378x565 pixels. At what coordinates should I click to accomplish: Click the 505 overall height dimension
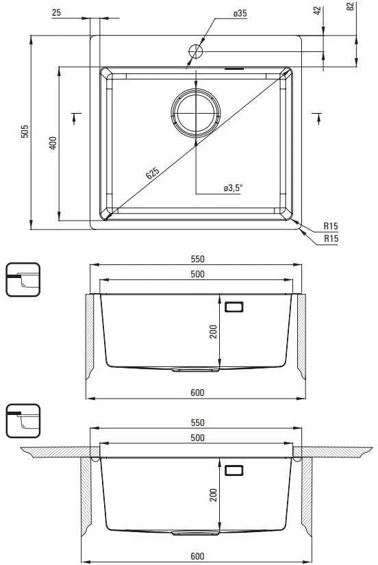pyautogui.click(x=25, y=131)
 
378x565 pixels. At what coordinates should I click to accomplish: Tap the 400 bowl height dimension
pyautogui.click(x=53, y=143)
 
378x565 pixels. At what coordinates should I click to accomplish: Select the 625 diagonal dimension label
pyautogui.click(x=153, y=173)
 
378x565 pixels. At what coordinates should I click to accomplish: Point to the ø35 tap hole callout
pyautogui.click(x=240, y=13)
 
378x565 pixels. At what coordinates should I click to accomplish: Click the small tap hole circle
pyautogui.click(x=196, y=51)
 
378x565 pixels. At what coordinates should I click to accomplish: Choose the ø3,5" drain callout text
pyautogui.click(x=233, y=188)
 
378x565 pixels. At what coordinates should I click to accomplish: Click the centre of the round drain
pyautogui.click(x=196, y=113)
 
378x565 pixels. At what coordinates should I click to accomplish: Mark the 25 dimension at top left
pyautogui.click(x=57, y=12)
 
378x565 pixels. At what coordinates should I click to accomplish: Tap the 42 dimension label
pyautogui.click(x=318, y=10)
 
